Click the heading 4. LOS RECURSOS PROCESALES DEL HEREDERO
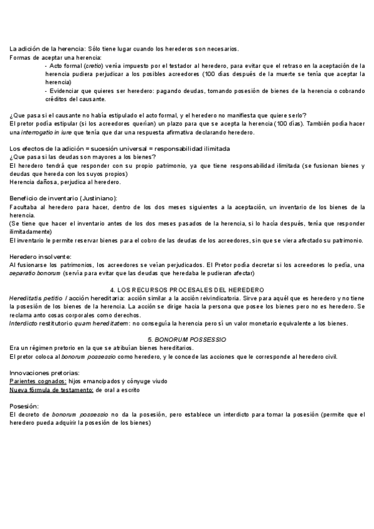[187, 290]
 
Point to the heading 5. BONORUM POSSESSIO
[187, 338]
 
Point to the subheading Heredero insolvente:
[40, 256]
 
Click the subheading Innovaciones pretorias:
[44, 372]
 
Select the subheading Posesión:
[24, 405]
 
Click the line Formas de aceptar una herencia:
[55, 57]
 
